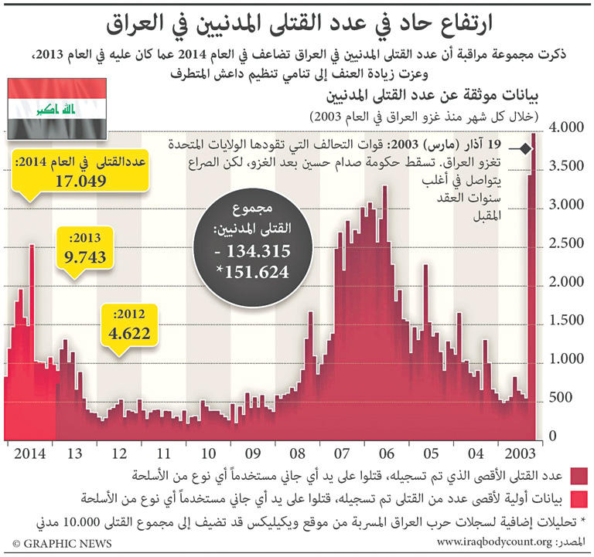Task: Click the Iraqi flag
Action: [x=57, y=107]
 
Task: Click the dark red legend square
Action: [x=578, y=474]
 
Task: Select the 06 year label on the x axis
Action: [x=387, y=453]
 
